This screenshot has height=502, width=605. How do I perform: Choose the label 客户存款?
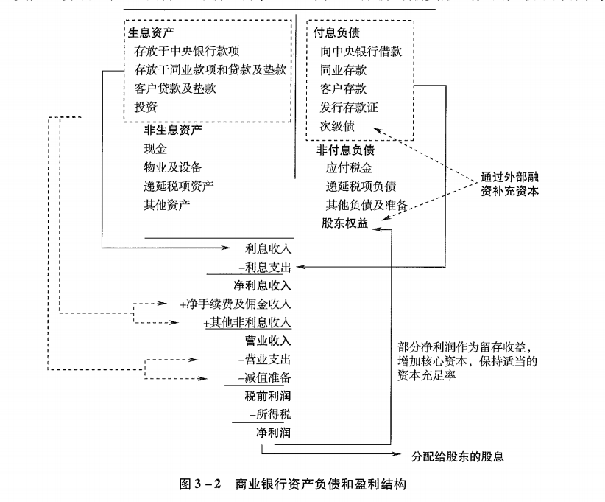[x=343, y=89]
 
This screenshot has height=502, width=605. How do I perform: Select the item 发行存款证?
[x=349, y=108]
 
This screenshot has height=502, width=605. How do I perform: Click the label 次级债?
[x=337, y=126]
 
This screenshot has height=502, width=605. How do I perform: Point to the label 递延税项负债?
[x=361, y=186]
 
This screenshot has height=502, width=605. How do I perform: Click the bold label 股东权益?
[x=344, y=223]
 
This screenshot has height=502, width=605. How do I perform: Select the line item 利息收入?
[x=268, y=248]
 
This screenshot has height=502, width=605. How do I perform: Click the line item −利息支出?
[x=263, y=267]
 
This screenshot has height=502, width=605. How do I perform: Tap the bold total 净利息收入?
[x=262, y=285]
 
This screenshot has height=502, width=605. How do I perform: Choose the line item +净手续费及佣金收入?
[x=236, y=304]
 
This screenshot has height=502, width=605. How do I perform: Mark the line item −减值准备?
[x=263, y=378]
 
